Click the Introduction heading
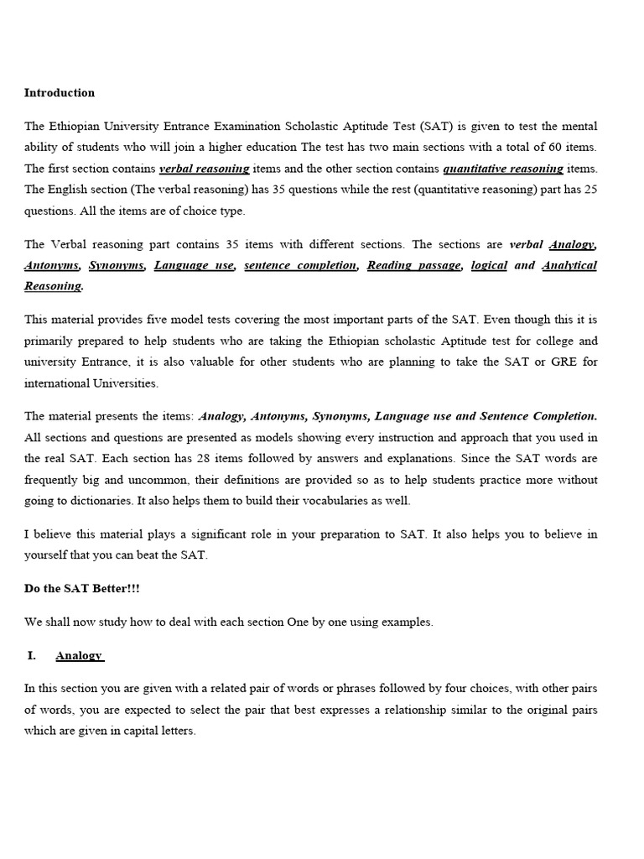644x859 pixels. (60, 93)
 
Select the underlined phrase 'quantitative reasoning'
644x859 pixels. (503, 169)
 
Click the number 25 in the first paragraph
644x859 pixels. (590, 190)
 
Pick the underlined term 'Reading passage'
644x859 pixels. (414, 265)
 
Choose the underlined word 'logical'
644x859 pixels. (489, 265)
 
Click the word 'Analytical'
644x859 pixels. (569, 265)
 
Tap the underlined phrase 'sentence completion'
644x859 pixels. (300, 265)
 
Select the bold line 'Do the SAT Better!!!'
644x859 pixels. (82, 588)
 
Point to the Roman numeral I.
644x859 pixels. (32, 655)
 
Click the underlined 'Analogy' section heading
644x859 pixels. (79, 655)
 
